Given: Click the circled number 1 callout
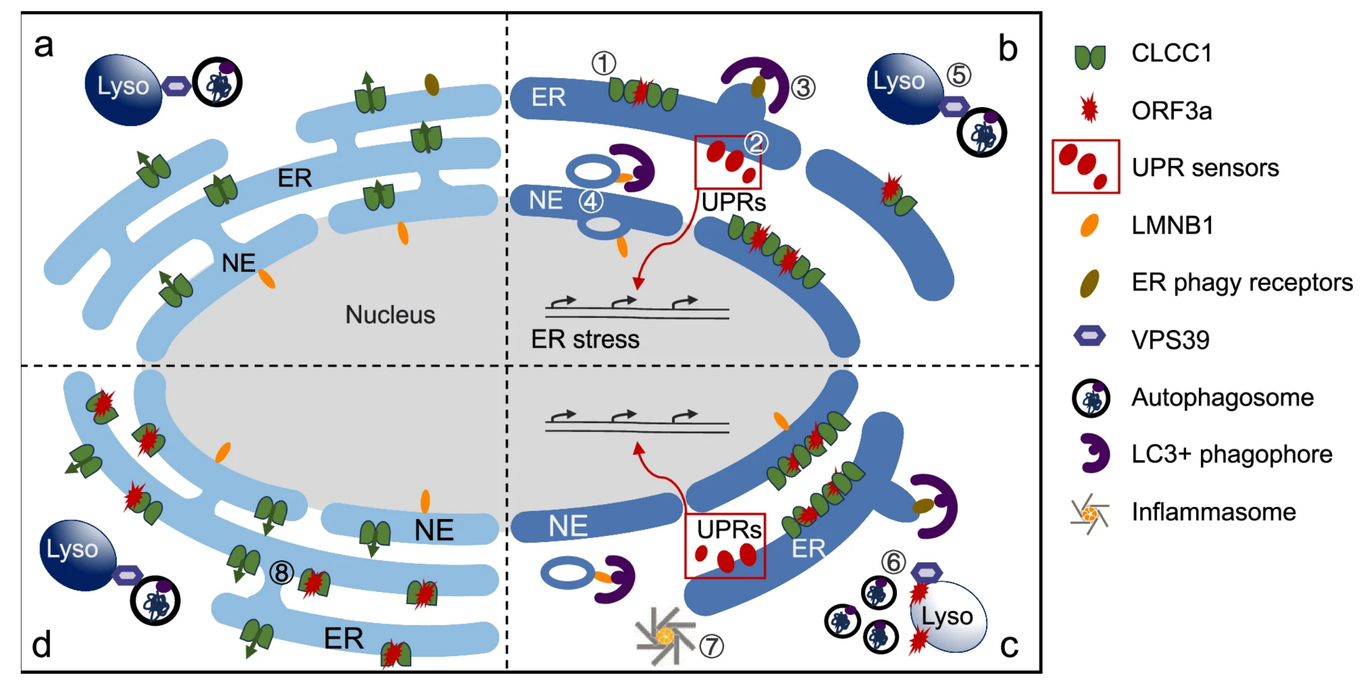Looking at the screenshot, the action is [603, 63].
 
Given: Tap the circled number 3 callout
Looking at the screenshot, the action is [803, 88].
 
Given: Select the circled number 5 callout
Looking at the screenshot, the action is [959, 75].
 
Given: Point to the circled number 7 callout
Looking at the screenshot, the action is [712, 646].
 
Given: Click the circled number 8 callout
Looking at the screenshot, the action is [282, 573].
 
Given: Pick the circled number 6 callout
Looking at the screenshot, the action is [894, 562].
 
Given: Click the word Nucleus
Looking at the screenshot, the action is [390, 315].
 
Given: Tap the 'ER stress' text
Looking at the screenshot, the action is [585, 339].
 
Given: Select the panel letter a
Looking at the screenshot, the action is [44, 45].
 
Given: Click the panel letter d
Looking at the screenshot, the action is [42, 644].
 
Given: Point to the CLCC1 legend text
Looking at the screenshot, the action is [1171, 53].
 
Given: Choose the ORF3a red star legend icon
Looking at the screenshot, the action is [1089, 108].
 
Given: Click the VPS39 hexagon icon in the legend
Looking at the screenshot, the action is [1089, 336].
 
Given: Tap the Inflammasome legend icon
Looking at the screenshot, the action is [1089, 513].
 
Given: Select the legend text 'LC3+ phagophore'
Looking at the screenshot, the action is [1232, 454].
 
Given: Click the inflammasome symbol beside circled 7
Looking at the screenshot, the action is [665, 636].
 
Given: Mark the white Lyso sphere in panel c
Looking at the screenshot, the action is [948, 617].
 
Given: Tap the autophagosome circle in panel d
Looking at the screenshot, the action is [155, 601].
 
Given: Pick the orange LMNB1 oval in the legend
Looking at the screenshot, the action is [1089, 225].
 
